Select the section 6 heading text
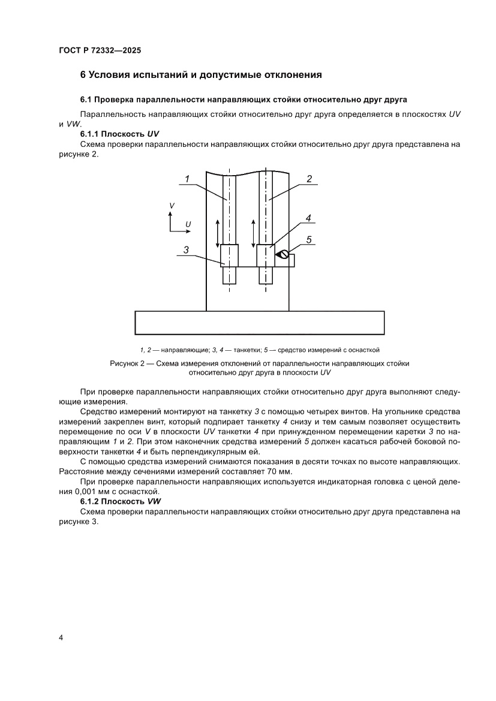click(202, 75)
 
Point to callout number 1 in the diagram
click(187, 179)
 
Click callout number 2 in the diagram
click(309, 179)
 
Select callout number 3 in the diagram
click(187, 251)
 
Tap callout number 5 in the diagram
click(309, 240)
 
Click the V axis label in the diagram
click(172, 206)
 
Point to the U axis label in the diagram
click(188, 224)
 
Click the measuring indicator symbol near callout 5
click(281, 255)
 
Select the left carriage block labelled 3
click(229, 255)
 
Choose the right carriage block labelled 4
click(265, 255)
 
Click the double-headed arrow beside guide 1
click(218, 233)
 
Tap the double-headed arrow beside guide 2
click(254, 233)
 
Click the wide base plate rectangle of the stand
click(259, 322)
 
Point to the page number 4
click(61, 637)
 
